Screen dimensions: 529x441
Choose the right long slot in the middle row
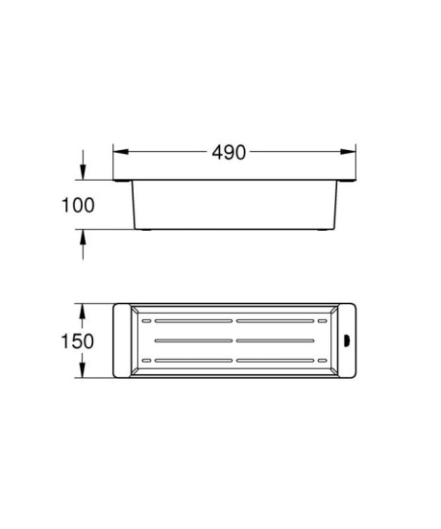click(x=280, y=340)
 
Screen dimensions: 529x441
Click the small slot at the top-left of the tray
click(x=146, y=320)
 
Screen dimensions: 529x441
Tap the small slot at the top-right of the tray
click(x=322, y=320)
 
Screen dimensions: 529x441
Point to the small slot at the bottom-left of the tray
click(x=146, y=361)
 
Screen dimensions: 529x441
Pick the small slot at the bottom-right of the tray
click(x=322, y=361)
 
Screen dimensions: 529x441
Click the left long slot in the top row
click(x=195, y=320)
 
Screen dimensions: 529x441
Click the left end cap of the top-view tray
click(x=121, y=340)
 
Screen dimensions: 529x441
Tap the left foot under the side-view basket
click(x=144, y=232)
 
